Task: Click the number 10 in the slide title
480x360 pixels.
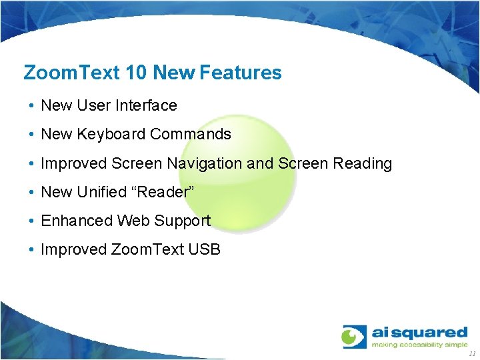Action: (x=135, y=73)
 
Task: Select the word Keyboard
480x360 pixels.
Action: (x=111, y=134)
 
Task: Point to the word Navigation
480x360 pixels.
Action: (x=205, y=163)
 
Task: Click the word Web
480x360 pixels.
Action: (x=134, y=221)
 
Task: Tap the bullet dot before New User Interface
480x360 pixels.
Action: (x=31, y=106)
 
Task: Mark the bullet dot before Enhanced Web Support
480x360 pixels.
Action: (x=31, y=221)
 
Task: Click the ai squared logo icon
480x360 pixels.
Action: (x=355, y=337)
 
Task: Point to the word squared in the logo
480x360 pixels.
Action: (x=433, y=332)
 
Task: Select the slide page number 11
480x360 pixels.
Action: (x=472, y=354)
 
